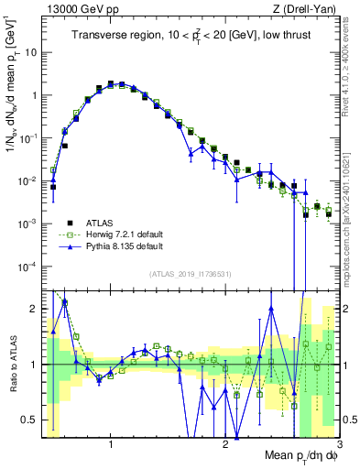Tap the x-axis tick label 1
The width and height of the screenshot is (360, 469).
pos(110,442)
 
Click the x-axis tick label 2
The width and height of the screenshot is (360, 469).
pos(225,442)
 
